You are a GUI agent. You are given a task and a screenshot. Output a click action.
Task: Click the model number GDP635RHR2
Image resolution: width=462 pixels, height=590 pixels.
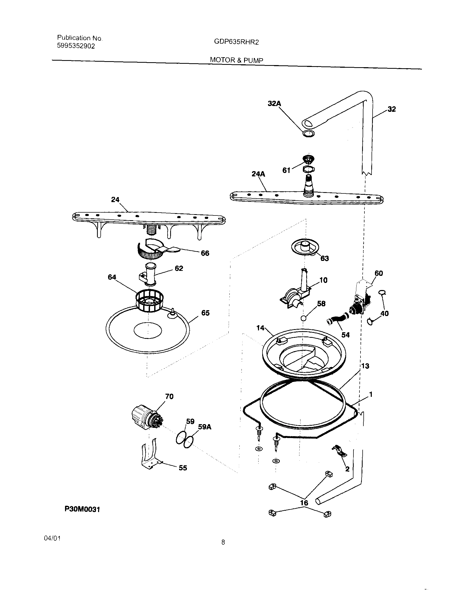pyautogui.click(x=236, y=42)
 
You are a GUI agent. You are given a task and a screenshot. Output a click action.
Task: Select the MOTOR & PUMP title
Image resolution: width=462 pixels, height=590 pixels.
pyautogui.click(x=237, y=60)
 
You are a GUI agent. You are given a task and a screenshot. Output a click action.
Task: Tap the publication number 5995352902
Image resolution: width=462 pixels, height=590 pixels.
pyautogui.click(x=76, y=46)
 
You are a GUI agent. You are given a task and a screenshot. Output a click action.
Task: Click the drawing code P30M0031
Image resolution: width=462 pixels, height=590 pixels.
pyautogui.click(x=82, y=509)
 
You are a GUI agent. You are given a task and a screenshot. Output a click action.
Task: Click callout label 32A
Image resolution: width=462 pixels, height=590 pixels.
pyautogui.click(x=274, y=103)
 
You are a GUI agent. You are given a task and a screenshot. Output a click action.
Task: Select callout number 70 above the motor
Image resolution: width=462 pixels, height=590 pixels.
pyautogui.click(x=169, y=396)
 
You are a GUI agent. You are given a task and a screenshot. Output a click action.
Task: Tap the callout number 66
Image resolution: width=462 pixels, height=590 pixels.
pyautogui.click(x=205, y=253)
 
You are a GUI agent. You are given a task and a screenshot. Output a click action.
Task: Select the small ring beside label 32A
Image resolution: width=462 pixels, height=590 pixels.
pyautogui.click(x=308, y=134)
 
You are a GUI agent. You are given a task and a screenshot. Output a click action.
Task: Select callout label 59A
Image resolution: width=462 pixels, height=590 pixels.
pyautogui.click(x=205, y=427)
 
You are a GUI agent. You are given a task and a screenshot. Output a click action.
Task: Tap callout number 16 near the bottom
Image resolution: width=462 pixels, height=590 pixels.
pyautogui.click(x=304, y=503)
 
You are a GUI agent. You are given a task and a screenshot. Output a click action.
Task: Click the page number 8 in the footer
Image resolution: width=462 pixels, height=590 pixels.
pyautogui.click(x=223, y=542)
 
